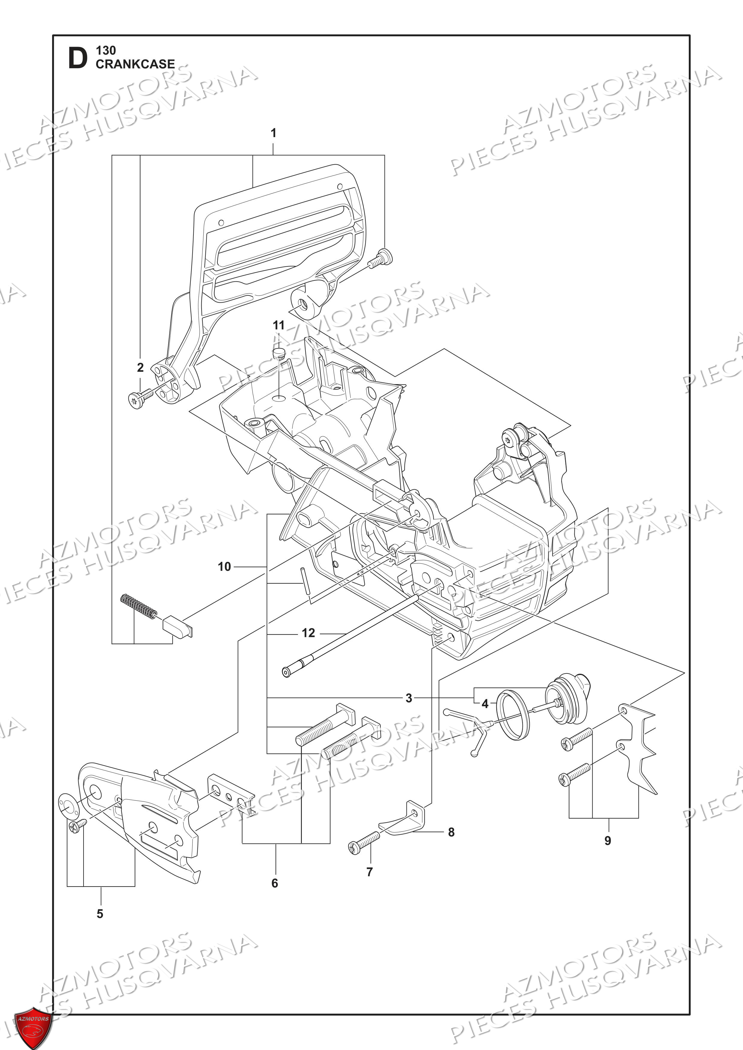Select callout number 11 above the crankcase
point(278,325)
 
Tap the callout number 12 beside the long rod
point(308,633)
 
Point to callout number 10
point(224,567)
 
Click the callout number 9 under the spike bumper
point(608,840)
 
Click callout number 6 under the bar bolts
point(275,883)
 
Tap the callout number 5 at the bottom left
point(100,914)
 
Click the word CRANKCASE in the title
point(135,64)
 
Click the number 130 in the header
point(106,50)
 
